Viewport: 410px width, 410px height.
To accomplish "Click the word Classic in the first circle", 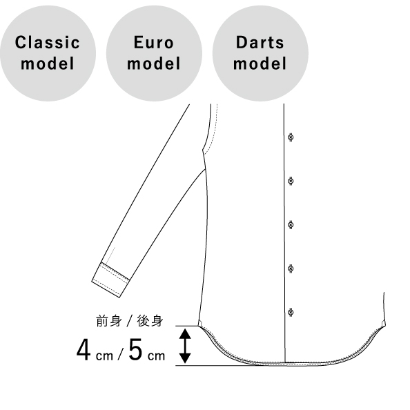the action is pyautogui.click(x=48, y=42).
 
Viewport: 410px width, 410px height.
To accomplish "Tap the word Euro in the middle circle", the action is pyautogui.click(x=154, y=42).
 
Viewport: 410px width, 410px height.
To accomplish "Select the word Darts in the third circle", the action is pyautogui.click(x=260, y=42).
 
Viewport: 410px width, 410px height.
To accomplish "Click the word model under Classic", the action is pyautogui.click(x=48, y=64).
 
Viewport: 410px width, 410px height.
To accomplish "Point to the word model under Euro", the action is pyautogui.click(x=154, y=64).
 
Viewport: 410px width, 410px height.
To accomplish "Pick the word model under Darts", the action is pyautogui.click(x=260, y=64).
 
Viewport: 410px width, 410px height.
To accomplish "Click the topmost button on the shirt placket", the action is pyautogui.click(x=291, y=137).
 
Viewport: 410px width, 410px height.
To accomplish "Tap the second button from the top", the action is pyautogui.click(x=291, y=181).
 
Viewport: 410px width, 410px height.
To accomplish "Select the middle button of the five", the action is pyautogui.click(x=291, y=224).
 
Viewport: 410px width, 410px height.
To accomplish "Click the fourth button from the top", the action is pyautogui.click(x=291, y=269).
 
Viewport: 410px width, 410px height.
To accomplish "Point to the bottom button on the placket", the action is pyautogui.click(x=291, y=312).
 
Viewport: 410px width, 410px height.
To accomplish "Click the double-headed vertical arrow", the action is pyautogui.click(x=185, y=346).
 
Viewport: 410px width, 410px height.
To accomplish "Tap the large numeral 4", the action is pyautogui.click(x=84, y=350).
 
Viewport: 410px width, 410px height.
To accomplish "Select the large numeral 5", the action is pyautogui.click(x=135, y=349).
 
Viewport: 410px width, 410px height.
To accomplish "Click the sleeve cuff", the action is pyautogui.click(x=110, y=280).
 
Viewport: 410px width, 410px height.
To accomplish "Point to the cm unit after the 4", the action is pyautogui.click(x=104, y=356).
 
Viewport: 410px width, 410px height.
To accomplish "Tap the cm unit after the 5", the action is pyautogui.click(x=157, y=356).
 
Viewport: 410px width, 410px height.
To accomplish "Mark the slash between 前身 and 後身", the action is pyautogui.click(x=129, y=321).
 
